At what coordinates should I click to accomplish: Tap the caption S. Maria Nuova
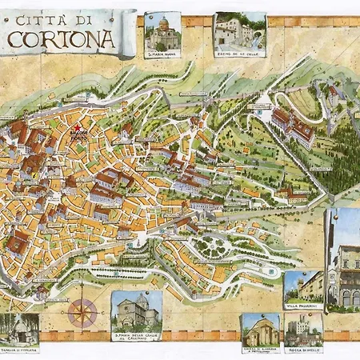click(163, 54)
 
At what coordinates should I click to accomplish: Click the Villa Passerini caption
click(303, 306)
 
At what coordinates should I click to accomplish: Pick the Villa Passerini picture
click(303, 286)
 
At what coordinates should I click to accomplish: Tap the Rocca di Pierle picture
click(304, 328)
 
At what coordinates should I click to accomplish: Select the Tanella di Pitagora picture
click(18, 328)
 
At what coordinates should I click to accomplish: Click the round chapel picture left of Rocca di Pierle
click(260, 329)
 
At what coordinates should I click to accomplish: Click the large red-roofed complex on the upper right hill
click(292, 126)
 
